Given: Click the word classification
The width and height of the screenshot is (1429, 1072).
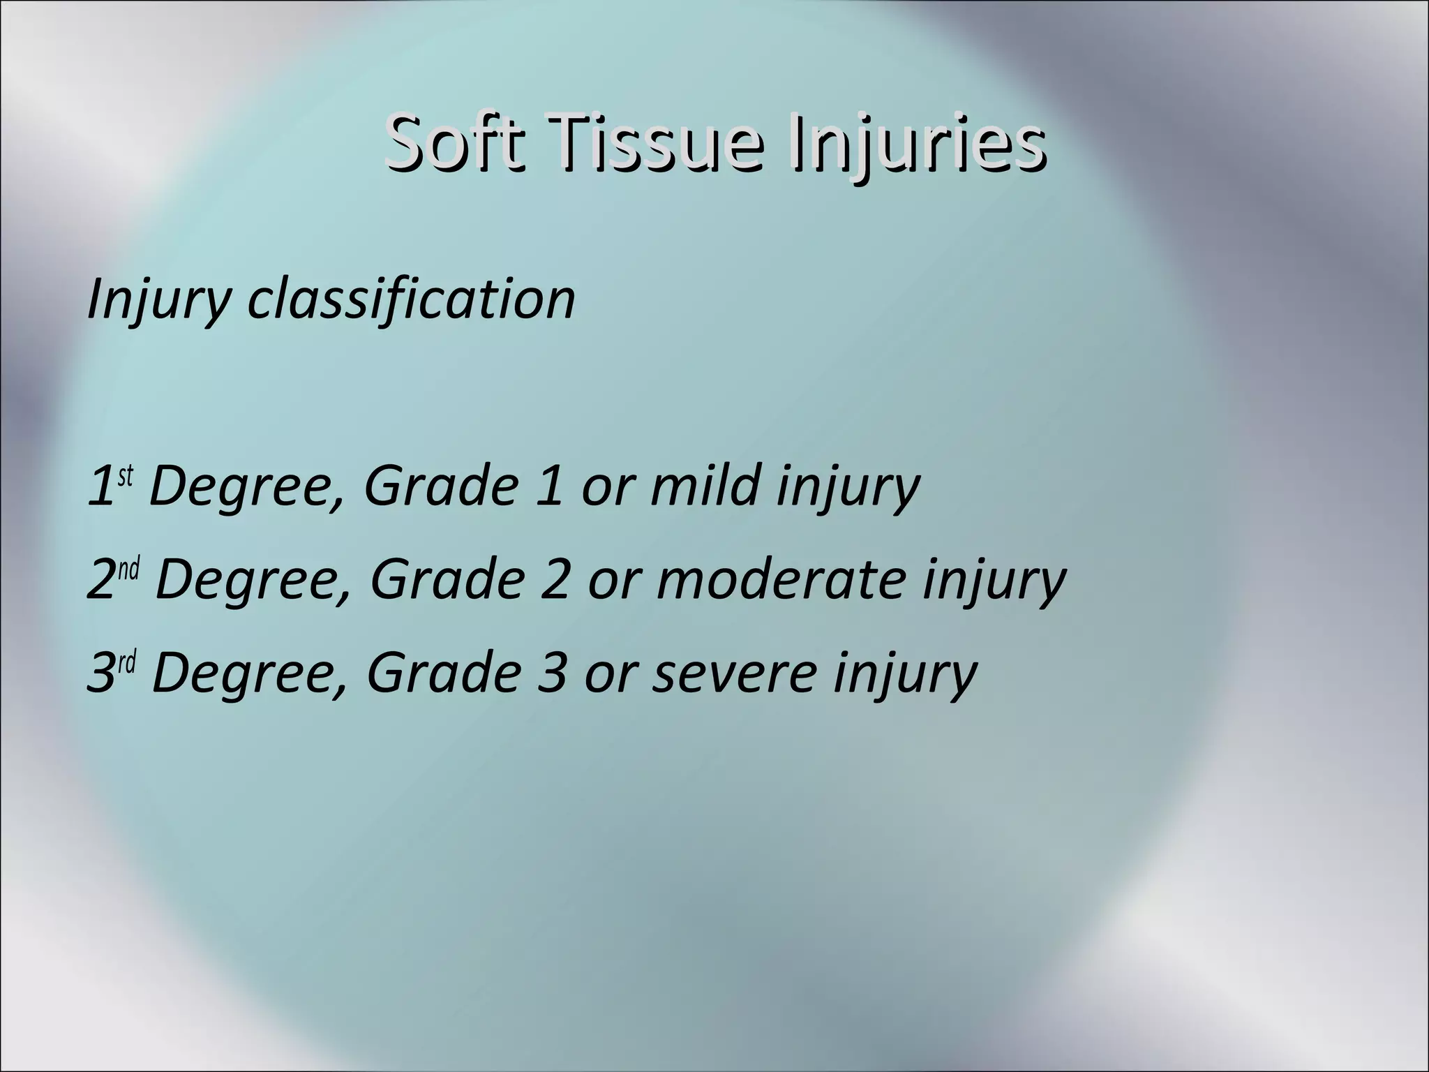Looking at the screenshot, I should tap(412, 299).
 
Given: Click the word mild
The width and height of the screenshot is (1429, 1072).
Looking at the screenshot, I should tap(704, 486).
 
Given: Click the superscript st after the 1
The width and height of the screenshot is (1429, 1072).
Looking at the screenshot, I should tap(125, 476).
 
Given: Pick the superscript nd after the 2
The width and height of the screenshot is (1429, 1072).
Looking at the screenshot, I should tap(129, 569).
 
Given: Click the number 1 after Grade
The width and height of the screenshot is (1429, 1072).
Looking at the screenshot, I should tap(551, 486).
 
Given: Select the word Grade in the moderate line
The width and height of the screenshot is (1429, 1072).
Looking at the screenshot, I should tap(447, 579).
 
